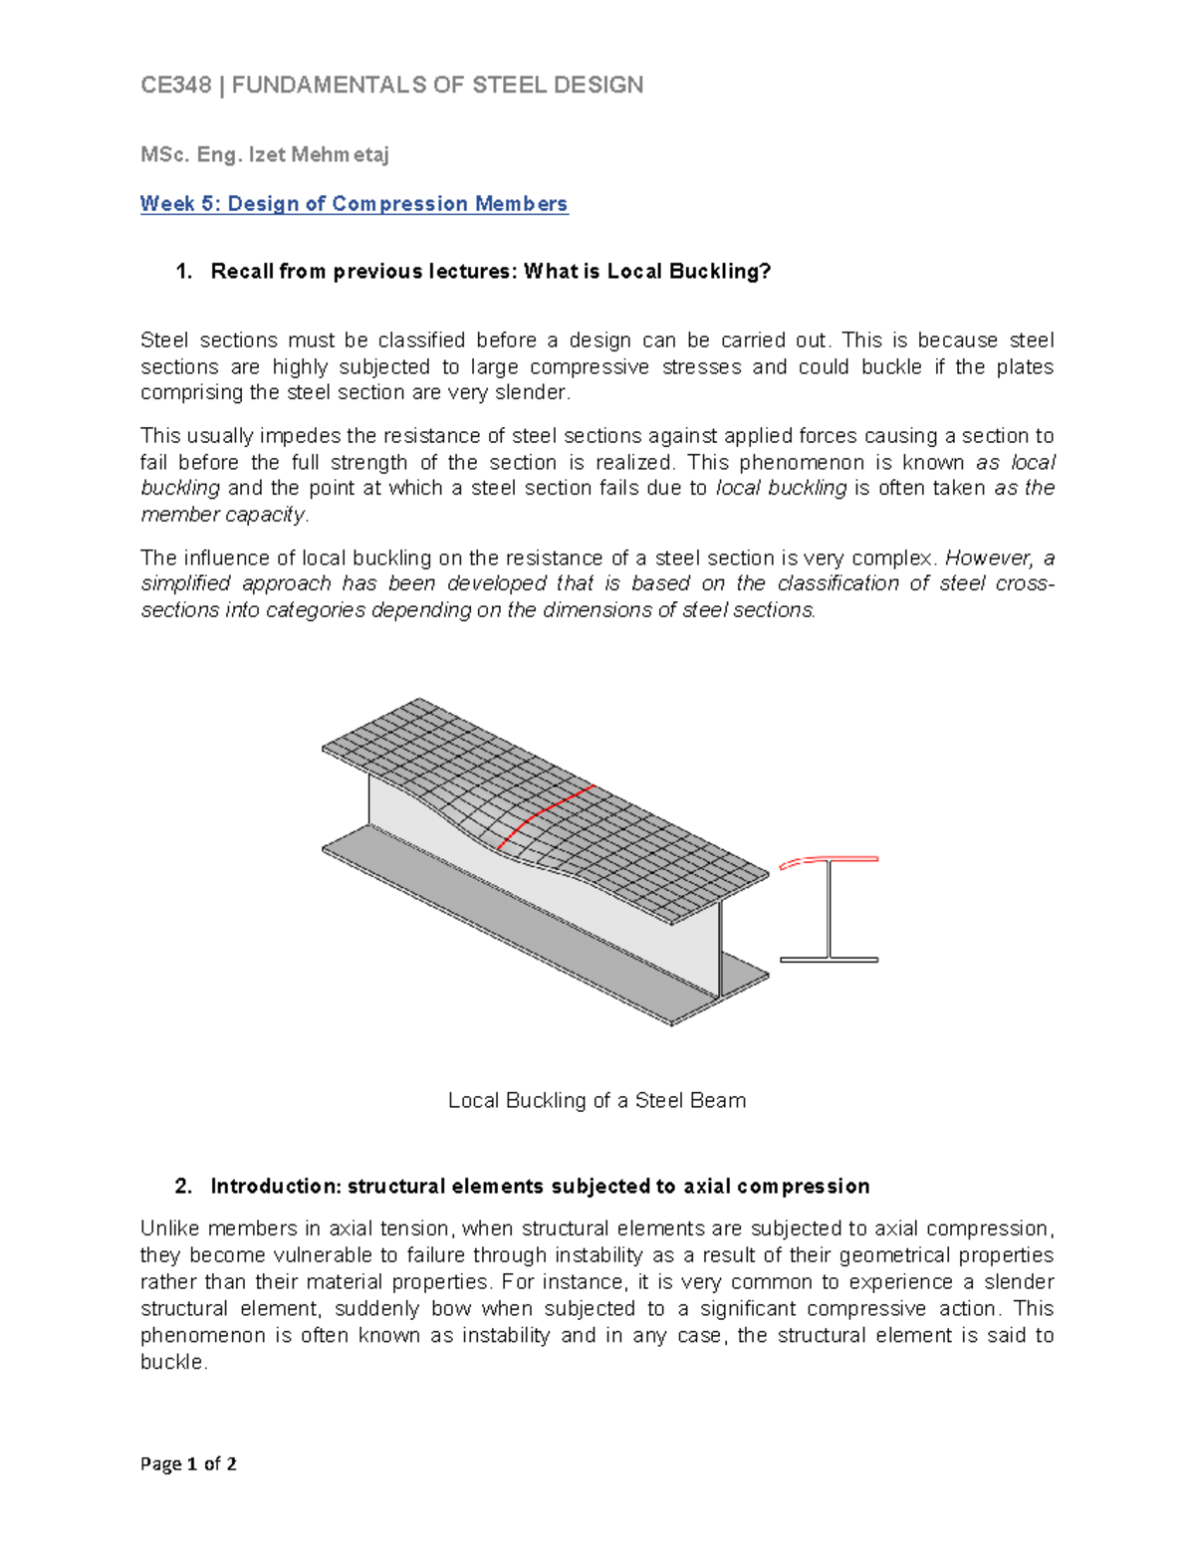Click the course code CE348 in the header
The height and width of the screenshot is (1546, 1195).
coord(176,86)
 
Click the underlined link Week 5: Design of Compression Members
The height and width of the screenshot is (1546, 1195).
coord(354,204)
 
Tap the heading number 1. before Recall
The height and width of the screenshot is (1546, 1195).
coord(183,272)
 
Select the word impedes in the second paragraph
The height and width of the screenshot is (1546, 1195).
coord(298,436)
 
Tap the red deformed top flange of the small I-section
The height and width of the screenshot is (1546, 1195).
coord(829,860)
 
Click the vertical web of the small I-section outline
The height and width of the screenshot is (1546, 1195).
coord(829,910)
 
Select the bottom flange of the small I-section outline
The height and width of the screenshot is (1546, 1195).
coord(829,960)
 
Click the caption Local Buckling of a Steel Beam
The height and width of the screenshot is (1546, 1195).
coord(597,1101)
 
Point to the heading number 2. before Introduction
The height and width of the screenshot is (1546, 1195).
coord(183,1187)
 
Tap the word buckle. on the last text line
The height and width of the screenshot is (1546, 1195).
coord(174,1363)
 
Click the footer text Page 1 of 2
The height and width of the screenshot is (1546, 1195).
coord(188,1464)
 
